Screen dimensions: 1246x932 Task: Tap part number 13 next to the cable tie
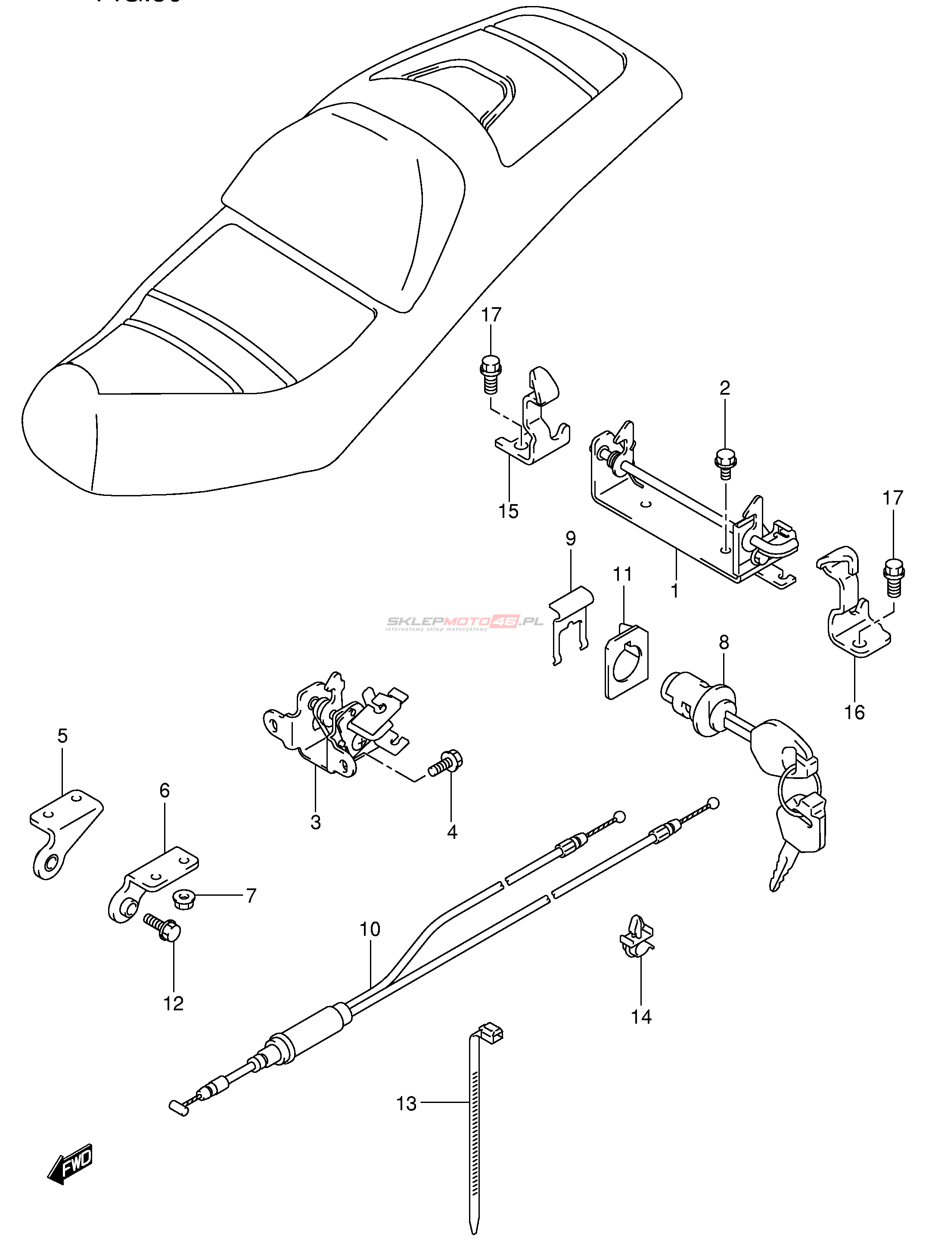click(x=406, y=1103)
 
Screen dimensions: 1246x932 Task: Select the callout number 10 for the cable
click(x=370, y=929)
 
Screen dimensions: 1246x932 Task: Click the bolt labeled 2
click(x=725, y=462)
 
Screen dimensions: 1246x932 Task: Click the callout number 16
click(x=854, y=712)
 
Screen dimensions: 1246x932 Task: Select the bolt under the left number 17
click(x=490, y=373)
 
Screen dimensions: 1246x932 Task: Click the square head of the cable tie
click(x=490, y=1032)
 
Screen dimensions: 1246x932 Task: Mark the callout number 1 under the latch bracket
click(x=674, y=591)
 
